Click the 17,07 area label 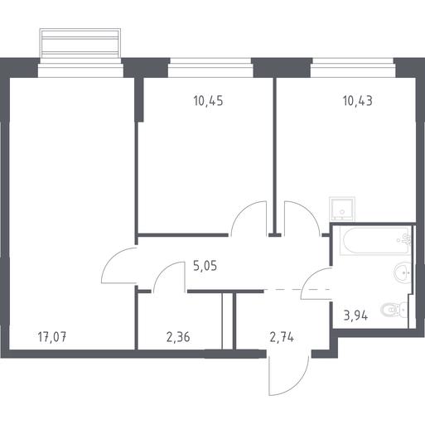tap(52, 337)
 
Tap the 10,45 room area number tap(208, 101)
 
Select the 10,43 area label tap(358, 101)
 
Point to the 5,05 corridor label tap(205, 266)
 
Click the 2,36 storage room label tap(178, 337)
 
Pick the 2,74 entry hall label tap(282, 337)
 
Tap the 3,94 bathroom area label tap(355, 316)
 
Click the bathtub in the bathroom tap(375, 240)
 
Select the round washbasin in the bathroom tap(403, 272)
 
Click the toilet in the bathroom tap(395, 310)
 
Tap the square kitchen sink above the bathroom tap(342, 209)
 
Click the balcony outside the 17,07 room tap(80, 43)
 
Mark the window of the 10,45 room tap(210, 68)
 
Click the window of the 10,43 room tap(354, 68)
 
